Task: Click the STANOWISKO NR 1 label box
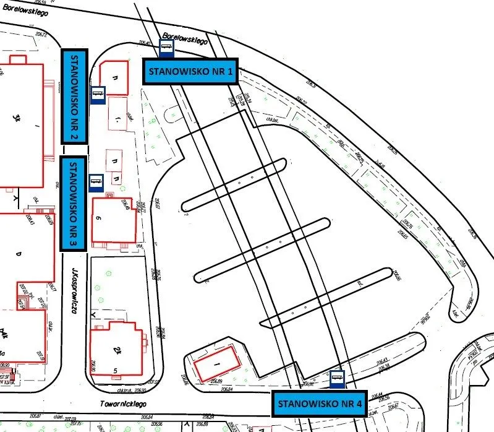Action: coord(190,71)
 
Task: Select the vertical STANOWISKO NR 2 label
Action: coord(75,97)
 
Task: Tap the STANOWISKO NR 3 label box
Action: coord(72,204)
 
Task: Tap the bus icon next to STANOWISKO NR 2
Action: coord(98,95)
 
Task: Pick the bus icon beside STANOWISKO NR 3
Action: coord(96,182)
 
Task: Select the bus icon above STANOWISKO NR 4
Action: coord(337,378)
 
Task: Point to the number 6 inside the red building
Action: coord(99,218)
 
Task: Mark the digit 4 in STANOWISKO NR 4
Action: coord(359,404)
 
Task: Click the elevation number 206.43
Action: coord(381,361)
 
